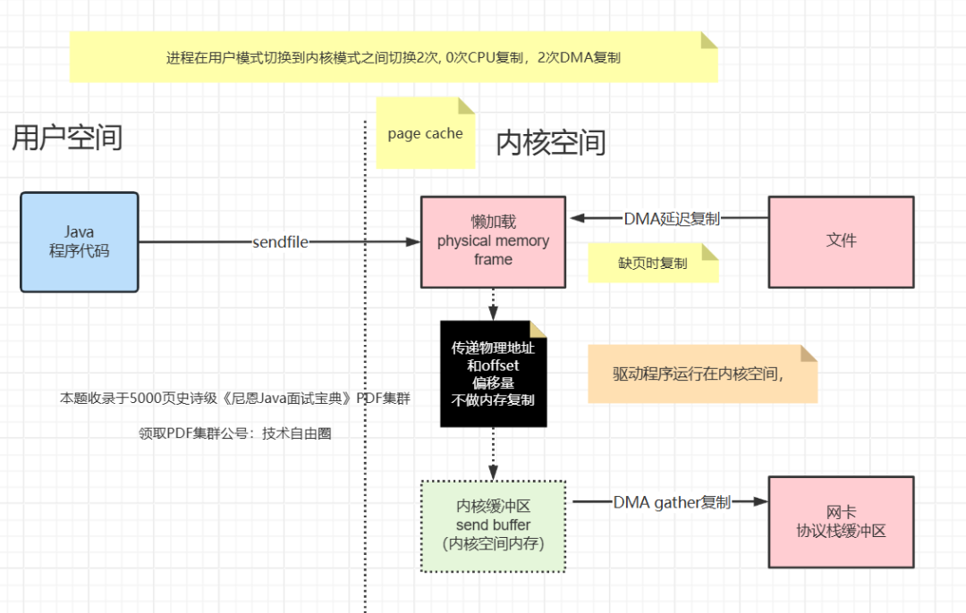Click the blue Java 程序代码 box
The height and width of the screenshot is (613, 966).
(79, 241)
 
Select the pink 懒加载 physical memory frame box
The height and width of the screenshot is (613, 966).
(493, 241)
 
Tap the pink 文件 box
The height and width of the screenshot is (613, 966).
(841, 241)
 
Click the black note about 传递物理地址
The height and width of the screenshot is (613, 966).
(493, 374)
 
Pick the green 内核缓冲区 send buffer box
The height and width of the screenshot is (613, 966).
(493, 525)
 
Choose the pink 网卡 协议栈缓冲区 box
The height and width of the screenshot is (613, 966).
(841, 521)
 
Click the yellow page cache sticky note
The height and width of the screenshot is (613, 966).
(425, 134)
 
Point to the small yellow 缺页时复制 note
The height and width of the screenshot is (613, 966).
(652, 265)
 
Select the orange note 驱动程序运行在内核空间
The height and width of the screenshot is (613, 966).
(701, 374)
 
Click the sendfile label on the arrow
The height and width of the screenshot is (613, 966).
(280, 242)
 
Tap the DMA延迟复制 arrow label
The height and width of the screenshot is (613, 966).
(672, 218)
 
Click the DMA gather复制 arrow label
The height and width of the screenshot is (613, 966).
(672, 502)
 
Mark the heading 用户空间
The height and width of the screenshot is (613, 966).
(67, 138)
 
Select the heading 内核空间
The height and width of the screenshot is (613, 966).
(551, 142)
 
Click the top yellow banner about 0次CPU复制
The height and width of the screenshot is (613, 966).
(394, 57)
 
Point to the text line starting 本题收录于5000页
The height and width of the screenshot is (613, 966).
(234, 399)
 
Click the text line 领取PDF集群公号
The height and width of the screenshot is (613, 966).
(234, 433)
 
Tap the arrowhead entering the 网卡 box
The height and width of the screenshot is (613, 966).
(761, 502)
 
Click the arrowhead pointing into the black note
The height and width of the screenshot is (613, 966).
(493, 313)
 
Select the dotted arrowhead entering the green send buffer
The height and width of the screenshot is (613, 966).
(493, 474)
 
